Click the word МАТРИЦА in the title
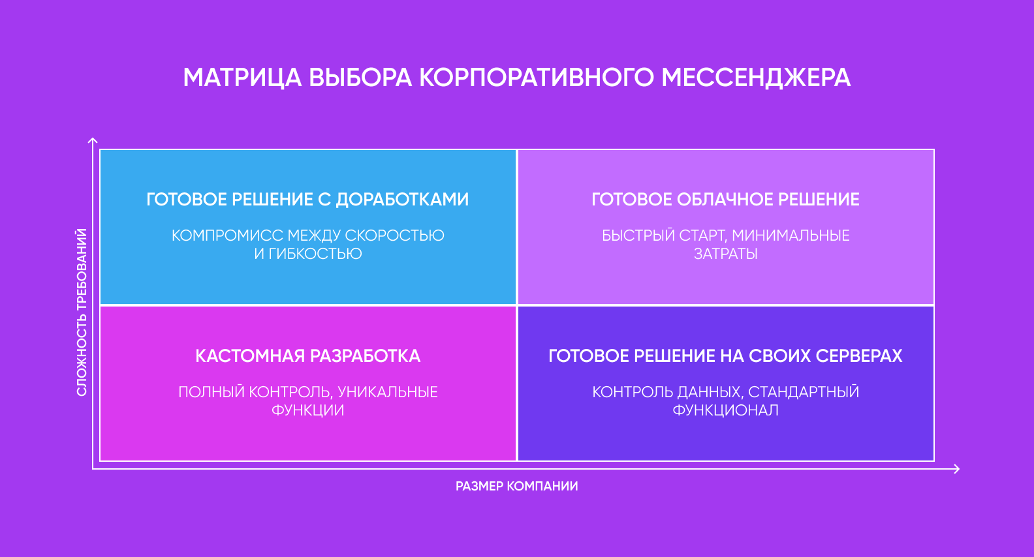tap(242, 78)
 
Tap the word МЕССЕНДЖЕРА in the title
tap(756, 78)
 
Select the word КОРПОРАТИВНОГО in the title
tap(536, 78)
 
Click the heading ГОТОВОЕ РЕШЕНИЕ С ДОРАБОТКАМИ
tap(307, 200)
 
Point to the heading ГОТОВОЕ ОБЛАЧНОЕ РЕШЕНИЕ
tap(725, 200)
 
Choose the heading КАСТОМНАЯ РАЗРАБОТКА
tap(307, 356)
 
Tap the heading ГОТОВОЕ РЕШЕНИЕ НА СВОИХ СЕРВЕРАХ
tap(725, 356)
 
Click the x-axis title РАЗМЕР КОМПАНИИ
tap(516, 486)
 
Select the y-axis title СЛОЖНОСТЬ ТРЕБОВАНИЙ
tap(82, 312)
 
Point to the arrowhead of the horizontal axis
tap(957, 468)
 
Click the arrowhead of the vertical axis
tap(93, 140)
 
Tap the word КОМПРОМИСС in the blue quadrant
tap(227, 235)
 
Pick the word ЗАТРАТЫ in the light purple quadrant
tap(725, 254)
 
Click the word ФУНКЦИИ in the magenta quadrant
tap(307, 410)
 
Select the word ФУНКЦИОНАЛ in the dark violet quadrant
tap(725, 410)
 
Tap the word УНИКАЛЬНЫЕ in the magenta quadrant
tap(388, 392)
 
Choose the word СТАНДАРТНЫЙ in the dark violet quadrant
tap(804, 392)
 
